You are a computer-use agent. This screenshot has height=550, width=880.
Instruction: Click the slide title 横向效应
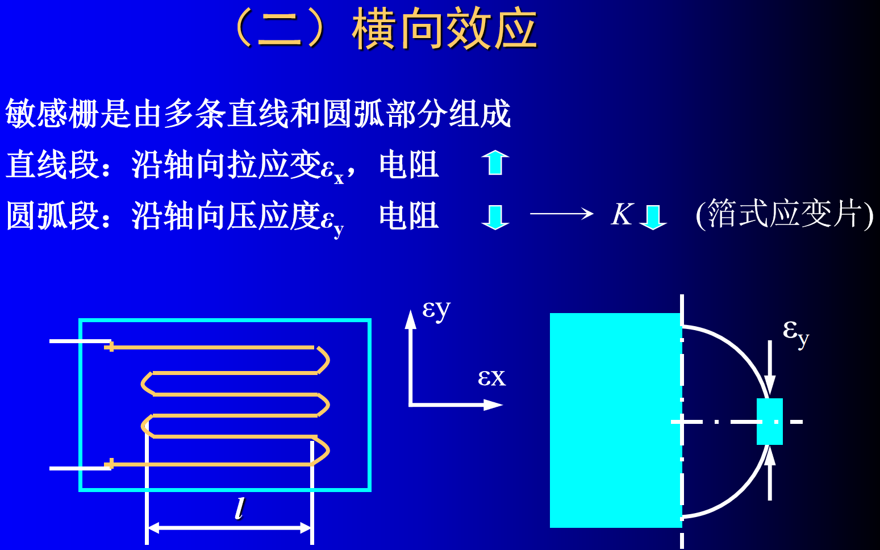pos(444,30)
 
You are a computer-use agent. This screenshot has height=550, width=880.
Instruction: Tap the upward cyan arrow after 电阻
pos(495,163)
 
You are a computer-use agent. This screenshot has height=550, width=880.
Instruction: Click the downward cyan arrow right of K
pos(653,216)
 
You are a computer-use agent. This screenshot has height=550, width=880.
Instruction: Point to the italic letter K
pos(622,215)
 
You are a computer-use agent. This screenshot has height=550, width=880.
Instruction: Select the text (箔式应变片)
pos(785,215)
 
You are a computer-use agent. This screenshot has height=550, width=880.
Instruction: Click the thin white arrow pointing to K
pos(561,214)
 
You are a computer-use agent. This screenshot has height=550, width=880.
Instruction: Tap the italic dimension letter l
pos(240,508)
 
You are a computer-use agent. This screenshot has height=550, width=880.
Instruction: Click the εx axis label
pos(491,377)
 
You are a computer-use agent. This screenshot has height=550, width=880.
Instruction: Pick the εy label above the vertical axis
pos(436,310)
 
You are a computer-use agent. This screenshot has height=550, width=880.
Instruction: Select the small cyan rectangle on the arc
pos(769,421)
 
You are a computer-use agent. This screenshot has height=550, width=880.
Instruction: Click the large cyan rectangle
pos(615,420)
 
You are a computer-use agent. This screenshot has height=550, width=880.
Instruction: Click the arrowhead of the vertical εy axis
pos(410,319)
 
